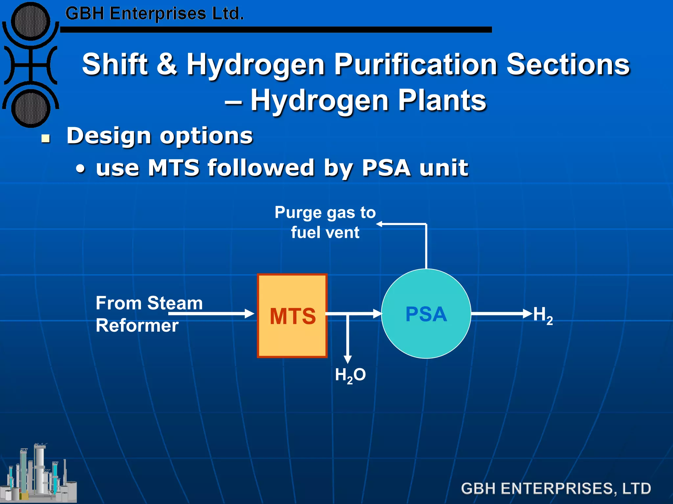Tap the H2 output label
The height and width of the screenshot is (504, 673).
pos(543,315)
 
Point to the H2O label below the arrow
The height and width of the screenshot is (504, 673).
pos(350,375)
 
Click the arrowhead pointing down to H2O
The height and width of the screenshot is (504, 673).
pos(348,359)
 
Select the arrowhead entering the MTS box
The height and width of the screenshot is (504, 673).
pos(250,313)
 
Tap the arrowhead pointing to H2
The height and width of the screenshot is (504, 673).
pos(527,313)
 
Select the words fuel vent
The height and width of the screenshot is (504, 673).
pos(325,232)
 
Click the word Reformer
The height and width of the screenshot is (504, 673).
pos(137,325)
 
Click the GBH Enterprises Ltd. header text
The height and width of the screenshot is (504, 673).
pos(154,14)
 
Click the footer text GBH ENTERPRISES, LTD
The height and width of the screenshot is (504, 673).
pos(556,488)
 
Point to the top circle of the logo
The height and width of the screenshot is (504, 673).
pos(31,21)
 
